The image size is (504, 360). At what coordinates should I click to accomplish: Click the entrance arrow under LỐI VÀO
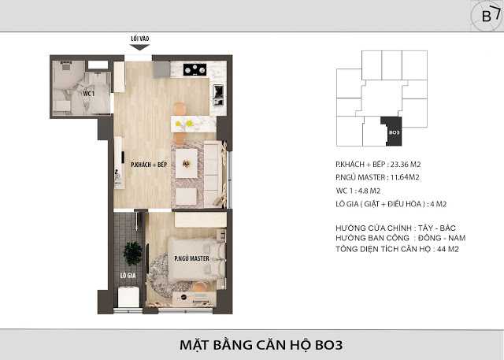[139, 46]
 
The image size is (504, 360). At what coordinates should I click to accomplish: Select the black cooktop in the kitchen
[195, 69]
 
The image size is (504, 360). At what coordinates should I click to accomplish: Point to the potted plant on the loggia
[132, 252]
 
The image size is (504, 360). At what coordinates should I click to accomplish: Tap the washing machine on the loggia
[126, 296]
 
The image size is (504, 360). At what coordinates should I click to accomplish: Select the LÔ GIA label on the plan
[126, 276]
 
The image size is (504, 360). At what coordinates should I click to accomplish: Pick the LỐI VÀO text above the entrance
[139, 37]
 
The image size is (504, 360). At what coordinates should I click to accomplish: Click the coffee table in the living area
[187, 164]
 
